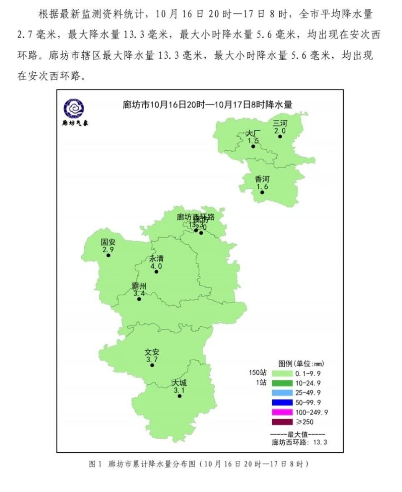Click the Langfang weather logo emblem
click(74, 108)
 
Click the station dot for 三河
click(280, 136)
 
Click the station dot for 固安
click(108, 255)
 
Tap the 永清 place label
click(156, 259)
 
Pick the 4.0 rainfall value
click(156, 266)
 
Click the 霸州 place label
click(139, 286)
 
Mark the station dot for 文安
click(152, 365)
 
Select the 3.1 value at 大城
click(179, 389)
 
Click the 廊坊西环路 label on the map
click(196, 217)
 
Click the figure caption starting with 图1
click(198, 464)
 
